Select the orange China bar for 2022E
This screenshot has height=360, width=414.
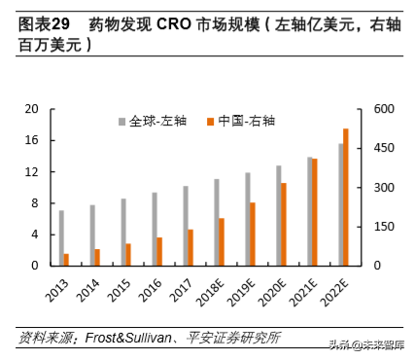[x=345, y=197]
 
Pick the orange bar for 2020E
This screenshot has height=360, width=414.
[x=284, y=224]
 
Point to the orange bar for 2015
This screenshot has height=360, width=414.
[x=128, y=254]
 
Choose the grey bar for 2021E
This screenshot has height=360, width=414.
[x=309, y=211]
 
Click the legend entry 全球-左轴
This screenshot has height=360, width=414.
[x=151, y=122]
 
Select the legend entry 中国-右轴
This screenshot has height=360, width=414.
[x=237, y=122]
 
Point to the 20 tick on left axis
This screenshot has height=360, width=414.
[x=31, y=109]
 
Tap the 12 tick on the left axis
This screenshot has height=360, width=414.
[x=31, y=172]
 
